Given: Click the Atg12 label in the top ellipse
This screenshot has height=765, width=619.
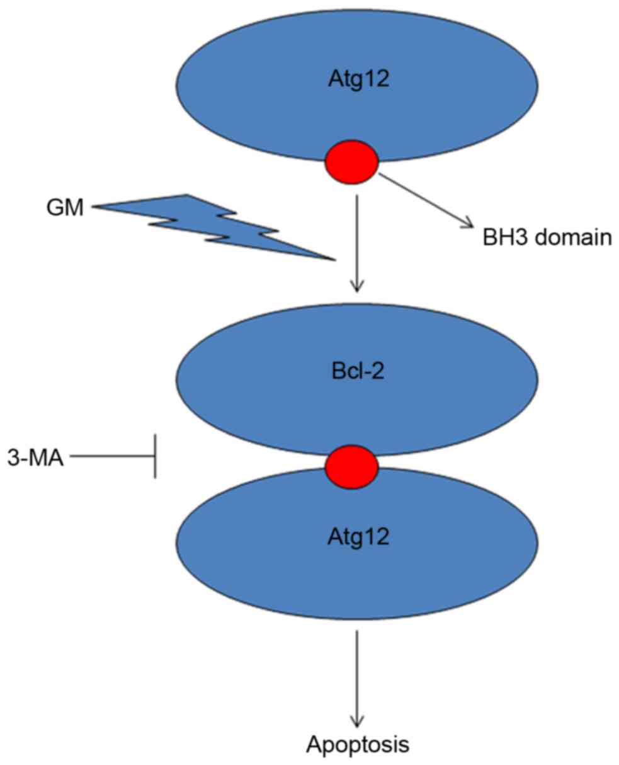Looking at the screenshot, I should click(357, 81).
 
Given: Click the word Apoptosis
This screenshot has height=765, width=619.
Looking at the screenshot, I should click(358, 744).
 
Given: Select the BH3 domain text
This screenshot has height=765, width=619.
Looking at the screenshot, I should click(543, 239).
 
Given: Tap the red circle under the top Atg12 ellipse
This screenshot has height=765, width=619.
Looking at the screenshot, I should click(351, 163).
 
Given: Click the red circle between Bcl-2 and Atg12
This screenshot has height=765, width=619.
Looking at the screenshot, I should click(351, 466).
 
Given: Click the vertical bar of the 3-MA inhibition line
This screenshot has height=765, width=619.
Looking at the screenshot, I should click(156, 456).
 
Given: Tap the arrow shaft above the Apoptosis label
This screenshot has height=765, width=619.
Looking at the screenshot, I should click(358, 674).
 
